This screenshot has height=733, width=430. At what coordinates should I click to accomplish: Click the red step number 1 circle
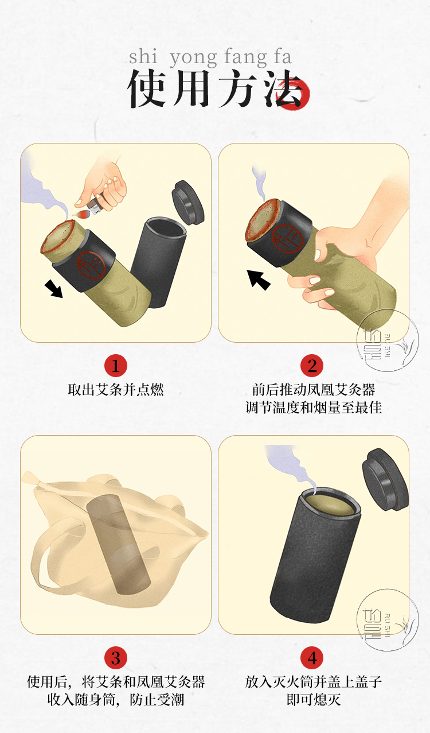coord(116,366)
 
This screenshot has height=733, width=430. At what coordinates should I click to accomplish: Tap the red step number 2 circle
coord(312,366)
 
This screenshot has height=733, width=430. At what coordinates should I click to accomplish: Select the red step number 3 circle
coord(116,658)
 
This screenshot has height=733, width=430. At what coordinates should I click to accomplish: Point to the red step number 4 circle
coord(312,658)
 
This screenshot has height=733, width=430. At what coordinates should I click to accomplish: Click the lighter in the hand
coord(97,205)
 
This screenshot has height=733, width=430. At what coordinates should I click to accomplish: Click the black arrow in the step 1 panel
coord(54,289)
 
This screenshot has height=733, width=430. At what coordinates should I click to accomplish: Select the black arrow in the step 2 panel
coord(258,280)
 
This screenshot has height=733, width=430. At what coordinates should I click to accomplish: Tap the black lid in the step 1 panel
coord(188,202)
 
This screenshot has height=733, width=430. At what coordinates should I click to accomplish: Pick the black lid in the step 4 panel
coord(385,479)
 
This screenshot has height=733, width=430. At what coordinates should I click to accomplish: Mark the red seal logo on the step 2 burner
coord(287,239)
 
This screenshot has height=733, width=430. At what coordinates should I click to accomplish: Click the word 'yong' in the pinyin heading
coord(193,57)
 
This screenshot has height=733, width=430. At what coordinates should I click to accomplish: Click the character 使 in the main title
coord(146,88)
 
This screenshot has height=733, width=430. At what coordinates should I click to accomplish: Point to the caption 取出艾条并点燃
coord(116,390)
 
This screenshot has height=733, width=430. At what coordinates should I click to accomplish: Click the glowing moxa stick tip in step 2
coord(263,219)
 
